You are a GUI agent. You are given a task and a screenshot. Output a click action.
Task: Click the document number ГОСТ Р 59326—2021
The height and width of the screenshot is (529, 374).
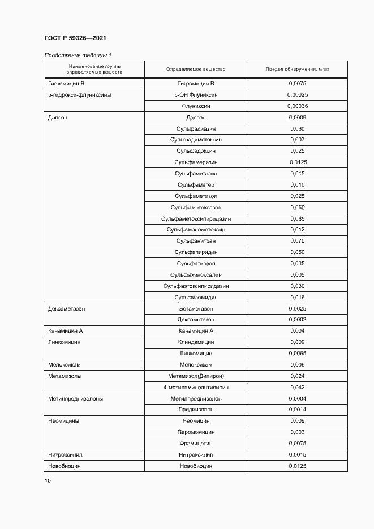tap(75, 38)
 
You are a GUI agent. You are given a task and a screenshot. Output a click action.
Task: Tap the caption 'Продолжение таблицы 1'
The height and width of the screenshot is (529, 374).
tap(78, 55)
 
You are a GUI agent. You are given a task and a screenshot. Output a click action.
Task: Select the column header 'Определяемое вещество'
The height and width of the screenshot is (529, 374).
tap(196, 69)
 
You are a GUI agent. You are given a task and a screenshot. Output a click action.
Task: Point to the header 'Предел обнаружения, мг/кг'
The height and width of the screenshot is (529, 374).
tap(297, 69)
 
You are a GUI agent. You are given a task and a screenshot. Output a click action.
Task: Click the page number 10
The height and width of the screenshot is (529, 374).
tap(48, 480)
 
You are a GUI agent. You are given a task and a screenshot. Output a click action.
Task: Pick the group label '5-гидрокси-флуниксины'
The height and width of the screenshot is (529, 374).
tap(80, 95)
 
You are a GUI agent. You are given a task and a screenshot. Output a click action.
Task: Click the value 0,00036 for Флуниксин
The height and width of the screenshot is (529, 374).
tap(297, 106)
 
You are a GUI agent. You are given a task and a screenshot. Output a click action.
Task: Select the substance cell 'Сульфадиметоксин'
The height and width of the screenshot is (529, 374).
tap(196, 140)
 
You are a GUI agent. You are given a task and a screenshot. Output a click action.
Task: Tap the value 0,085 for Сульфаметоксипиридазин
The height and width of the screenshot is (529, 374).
tap(297, 218)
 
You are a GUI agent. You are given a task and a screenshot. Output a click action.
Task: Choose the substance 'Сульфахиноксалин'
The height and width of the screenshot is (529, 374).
tap(196, 274)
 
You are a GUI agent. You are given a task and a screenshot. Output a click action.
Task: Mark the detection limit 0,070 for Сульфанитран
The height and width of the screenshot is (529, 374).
tap(297, 241)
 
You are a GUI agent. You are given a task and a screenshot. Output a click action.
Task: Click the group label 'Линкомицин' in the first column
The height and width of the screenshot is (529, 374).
tap(65, 342)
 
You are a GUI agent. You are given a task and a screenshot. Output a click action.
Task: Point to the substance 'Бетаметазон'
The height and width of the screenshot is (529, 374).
tap(196, 308)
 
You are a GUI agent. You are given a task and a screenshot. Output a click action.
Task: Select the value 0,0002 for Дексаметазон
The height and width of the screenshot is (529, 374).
tap(297, 320)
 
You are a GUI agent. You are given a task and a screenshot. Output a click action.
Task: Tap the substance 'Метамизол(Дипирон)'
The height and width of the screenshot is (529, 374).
tap(196, 376)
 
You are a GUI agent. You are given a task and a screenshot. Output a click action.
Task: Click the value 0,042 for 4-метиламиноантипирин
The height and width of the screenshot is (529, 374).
tap(297, 387)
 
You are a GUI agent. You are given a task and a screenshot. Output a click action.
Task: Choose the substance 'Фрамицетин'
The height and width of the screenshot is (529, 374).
tap(196, 443)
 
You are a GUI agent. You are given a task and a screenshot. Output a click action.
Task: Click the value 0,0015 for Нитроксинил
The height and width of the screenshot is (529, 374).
tap(297, 454)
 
